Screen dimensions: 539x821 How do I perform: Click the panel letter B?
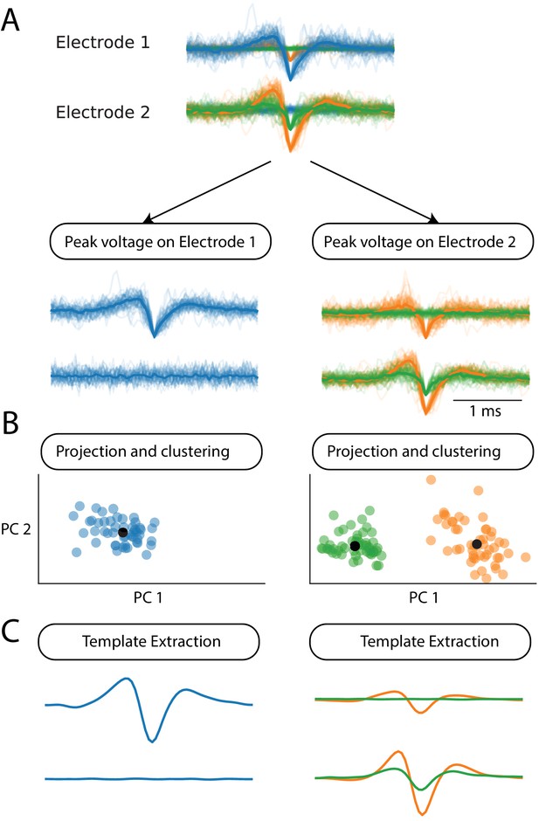tap(10, 423)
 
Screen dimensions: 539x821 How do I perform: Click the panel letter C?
tap(11, 631)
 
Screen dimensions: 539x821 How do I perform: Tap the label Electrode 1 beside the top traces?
tap(103, 43)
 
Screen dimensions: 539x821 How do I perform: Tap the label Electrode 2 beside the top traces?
tap(103, 112)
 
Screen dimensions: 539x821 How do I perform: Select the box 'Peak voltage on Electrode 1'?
tap(160, 242)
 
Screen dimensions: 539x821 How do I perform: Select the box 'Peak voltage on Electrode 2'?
tap(422, 242)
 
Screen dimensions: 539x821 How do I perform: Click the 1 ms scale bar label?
tap(485, 411)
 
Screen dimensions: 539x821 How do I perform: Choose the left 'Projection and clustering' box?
tap(151, 452)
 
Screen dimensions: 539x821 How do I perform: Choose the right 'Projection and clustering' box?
tap(423, 452)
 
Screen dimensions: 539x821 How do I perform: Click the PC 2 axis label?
tap(16, 529)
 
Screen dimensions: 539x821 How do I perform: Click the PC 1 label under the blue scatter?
tap(148, 597)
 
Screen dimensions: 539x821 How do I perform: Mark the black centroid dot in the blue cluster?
tap(122, 532)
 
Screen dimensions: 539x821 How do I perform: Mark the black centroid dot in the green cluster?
tap(355, 546)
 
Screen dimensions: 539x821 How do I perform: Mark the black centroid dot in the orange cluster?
tap(476, 544)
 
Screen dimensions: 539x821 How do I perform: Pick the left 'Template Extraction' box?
tap(149, 641)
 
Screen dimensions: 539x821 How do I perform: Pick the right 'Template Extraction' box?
tap(420, 641)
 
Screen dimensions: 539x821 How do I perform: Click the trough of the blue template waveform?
tap(152, 741)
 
